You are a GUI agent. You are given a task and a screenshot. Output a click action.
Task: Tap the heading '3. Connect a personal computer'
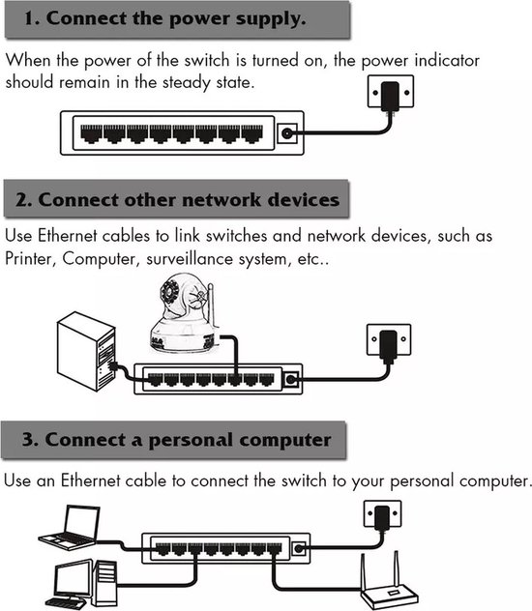[x=175, y=439]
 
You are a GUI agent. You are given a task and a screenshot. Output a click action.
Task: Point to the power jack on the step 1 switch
[x=287, y=134]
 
